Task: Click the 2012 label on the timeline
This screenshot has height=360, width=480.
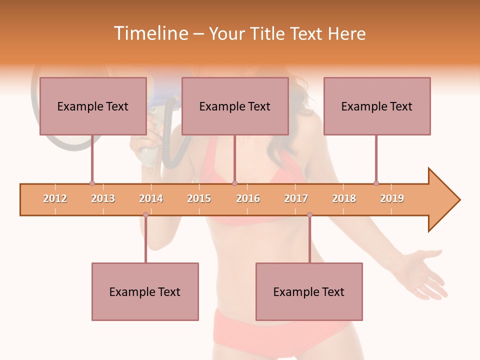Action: (x=55, y=198)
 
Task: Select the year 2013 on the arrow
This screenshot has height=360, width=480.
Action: (x=103, y=198)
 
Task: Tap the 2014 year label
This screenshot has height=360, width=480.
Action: (x=151, y=198)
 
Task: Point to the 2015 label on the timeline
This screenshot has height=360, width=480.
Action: (x=199, y=198)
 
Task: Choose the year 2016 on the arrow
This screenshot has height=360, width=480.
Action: (x=248, y=198)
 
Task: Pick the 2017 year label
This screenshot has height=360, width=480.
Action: (x=296, y=198)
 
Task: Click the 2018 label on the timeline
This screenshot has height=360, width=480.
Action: (x=344, y=198)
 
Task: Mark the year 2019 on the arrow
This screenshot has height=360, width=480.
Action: (x=392, y=198)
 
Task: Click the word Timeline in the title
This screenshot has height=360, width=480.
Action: (x=150, y=33)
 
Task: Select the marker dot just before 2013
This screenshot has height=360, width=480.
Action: (x=92, y=183)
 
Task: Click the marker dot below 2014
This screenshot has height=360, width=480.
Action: (x=145, y=215)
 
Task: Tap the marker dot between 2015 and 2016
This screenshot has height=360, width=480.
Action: (x=234, y=183)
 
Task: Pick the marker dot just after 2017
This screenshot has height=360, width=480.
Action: (x=309, y=215)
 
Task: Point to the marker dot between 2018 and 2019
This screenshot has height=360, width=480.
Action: (x=376, y=183)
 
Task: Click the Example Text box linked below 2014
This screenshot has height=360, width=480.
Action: (x=145, y=291)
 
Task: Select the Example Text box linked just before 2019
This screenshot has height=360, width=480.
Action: (x=377, y=106)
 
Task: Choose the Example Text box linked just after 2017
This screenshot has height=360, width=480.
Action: (x=309, y=291)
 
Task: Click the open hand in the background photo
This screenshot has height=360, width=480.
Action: (x=425, y=272)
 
